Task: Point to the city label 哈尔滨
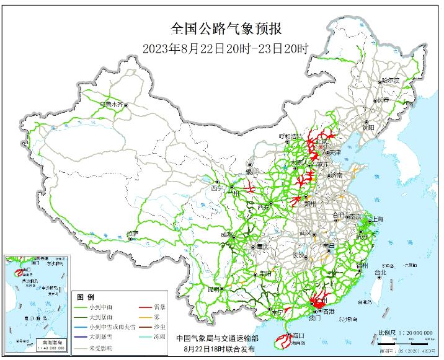tap(391, 81)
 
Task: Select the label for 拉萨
tap(132, 234)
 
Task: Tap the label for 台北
tap(379, 272)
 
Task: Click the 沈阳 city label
tap(369, 127)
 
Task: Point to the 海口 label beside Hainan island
tap(296, 334)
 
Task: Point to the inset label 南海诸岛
tap(48, 342)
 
